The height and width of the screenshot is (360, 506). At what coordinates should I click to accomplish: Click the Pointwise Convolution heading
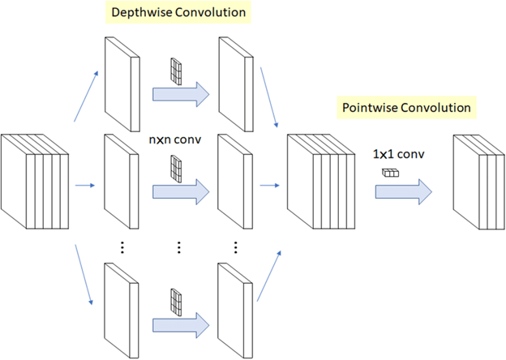[406, 107]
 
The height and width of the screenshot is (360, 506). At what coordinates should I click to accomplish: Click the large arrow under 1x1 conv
[402, 191]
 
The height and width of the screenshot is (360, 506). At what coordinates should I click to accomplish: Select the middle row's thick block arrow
[180, 192]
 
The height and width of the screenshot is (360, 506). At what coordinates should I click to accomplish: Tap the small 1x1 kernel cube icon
[390, 172]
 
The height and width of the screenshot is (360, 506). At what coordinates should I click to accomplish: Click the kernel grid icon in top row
[175, 71]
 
